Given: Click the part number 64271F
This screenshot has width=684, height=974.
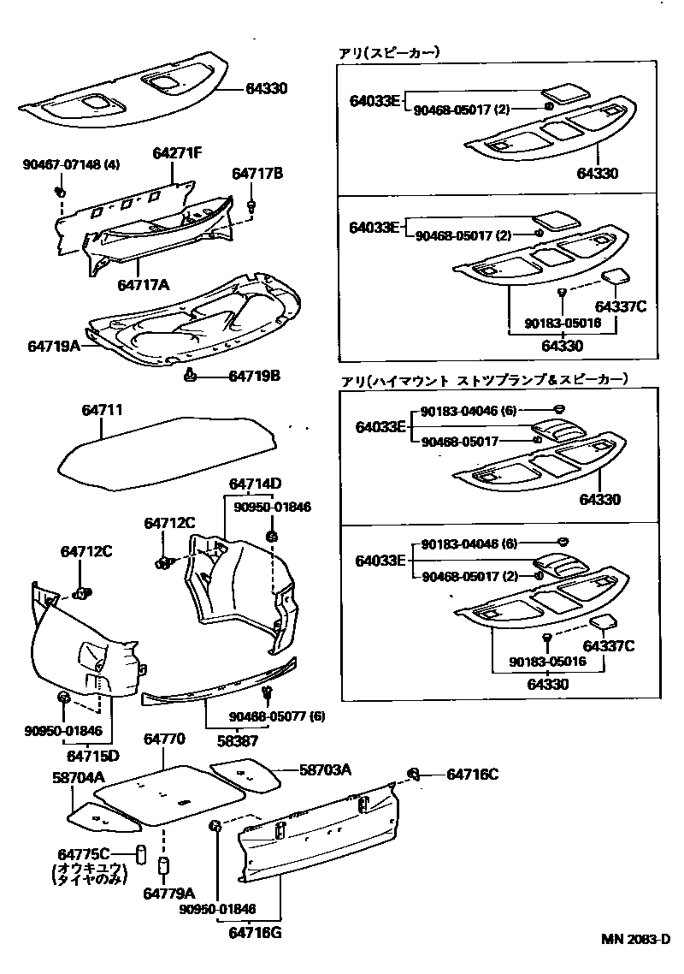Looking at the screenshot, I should [178, 153].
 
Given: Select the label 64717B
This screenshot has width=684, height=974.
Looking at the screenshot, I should [257, 174].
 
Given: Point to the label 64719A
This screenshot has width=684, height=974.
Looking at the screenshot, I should [54, 346].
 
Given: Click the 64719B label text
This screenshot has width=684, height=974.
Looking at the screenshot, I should [254, 376].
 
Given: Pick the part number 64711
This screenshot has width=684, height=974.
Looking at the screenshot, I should [103, 411].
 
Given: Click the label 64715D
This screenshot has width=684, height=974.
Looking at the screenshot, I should [93, 756].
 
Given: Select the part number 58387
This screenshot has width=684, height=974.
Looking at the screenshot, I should [236, 740].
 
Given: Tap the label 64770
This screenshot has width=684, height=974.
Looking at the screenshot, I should [164, 738].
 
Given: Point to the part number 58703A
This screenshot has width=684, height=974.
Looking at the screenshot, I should [325, 769].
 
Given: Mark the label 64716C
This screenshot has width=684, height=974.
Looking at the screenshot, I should [472, 775].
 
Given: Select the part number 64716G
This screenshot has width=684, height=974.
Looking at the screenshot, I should [255, 932].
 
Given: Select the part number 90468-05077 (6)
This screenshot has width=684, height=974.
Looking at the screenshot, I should [276, 716].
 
